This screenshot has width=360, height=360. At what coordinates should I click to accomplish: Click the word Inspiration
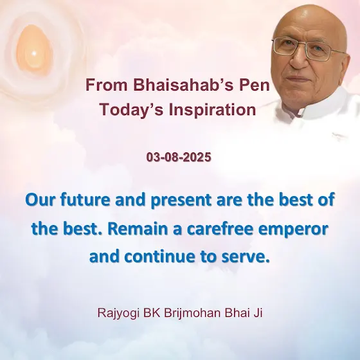[x=212, y=110]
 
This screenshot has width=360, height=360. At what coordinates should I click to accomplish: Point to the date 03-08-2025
[x=179, y=157]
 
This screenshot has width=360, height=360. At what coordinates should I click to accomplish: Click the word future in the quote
[x=85, y=200]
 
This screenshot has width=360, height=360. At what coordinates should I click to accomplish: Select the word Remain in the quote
[x=138, y=229]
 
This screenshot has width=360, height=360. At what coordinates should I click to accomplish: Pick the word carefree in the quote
[x=220, y=229]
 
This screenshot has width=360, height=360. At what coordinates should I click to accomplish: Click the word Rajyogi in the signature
[x=118, y=313]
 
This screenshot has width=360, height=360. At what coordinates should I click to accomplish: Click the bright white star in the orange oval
[x=33, y=54]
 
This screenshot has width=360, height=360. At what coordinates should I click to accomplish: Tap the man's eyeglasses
[x=309, y=50]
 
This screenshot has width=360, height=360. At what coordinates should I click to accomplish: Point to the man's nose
[x=298, y=60]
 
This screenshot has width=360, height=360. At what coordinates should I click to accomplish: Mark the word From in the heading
[x=107, y=85]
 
